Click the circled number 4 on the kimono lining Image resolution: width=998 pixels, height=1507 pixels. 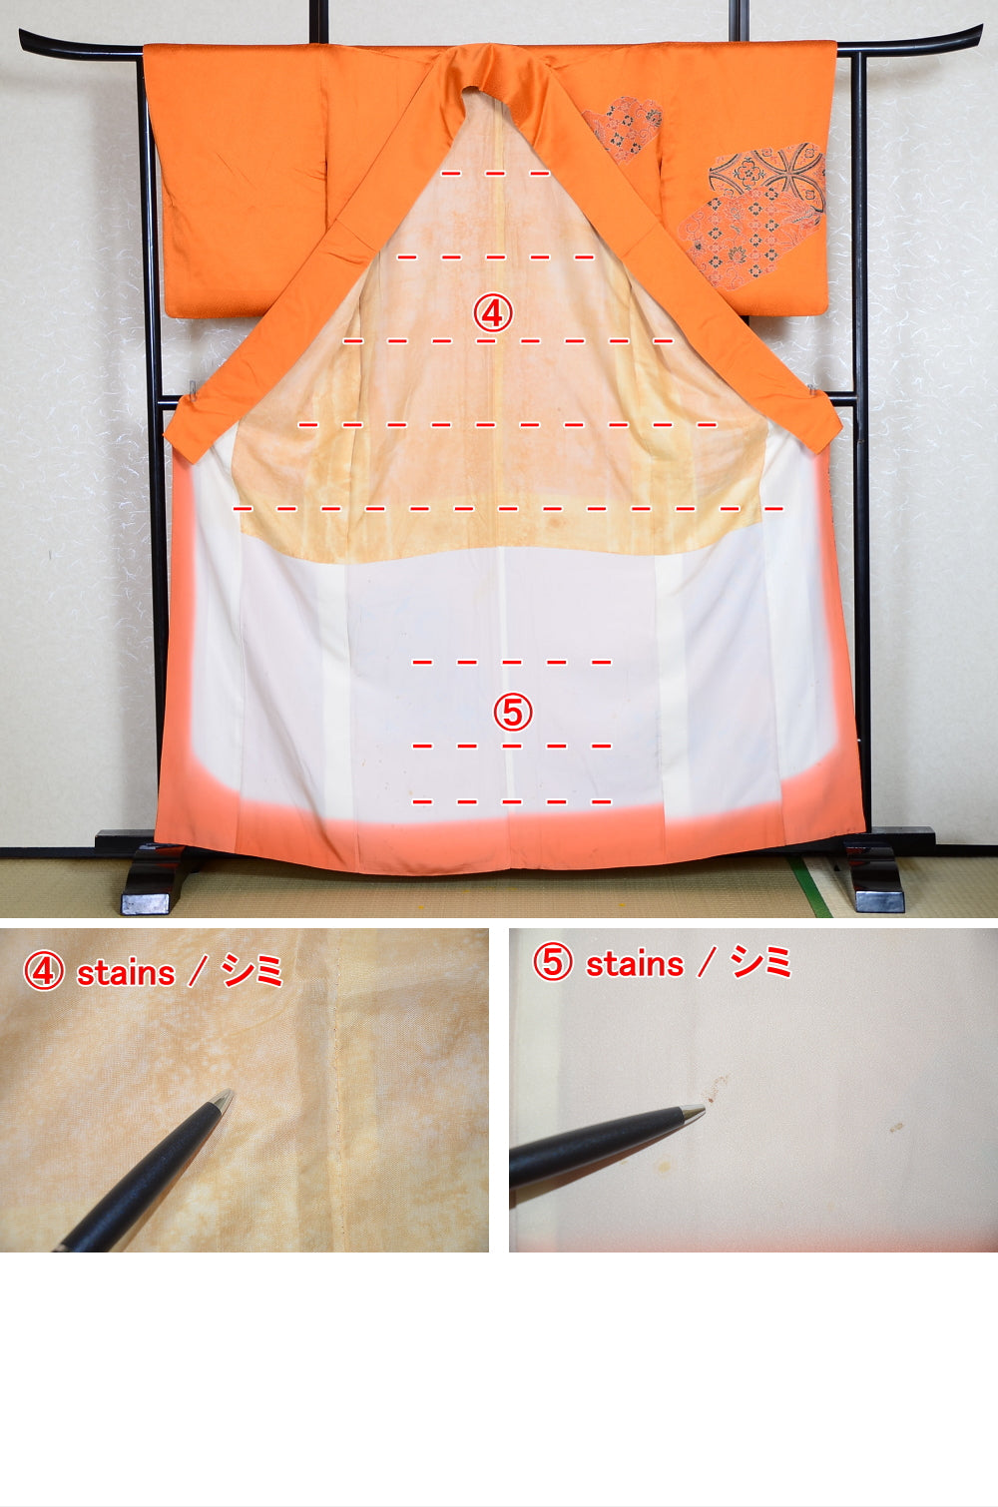(493, 313)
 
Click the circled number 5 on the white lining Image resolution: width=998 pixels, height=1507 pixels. (513, 712)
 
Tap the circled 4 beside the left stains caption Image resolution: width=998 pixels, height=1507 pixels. (44, 971)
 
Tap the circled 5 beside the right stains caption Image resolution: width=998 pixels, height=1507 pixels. (553, 961)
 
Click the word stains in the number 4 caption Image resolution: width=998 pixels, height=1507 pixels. (126, 973)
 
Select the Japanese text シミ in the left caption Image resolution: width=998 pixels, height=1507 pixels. (252, 971)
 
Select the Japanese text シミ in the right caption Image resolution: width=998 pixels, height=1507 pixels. (761, 961)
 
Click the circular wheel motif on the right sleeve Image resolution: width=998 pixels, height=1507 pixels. (767, 171)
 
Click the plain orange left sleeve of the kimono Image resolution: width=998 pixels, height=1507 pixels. (236, 179)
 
